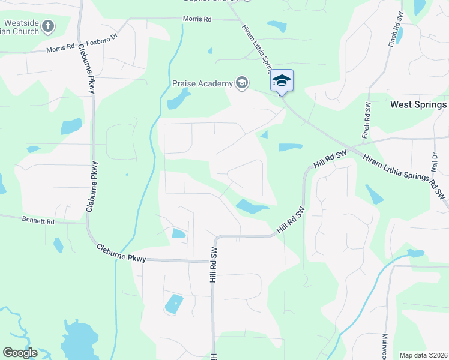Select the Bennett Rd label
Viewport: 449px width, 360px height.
pyautogui.click(x=38, y=221)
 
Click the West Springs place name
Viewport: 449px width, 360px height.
pyautogui.click(x=418, y=104)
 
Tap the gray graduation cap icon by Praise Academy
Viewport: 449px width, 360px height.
pyautogui.click(x=242, y=82)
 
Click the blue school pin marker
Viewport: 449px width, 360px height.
pyautogui.click(x=281, y=80)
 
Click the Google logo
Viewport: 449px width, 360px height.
pyautogui.click(x=20, y=352)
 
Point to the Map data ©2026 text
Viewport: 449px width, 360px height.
pyautogui.click(x=423, y=355)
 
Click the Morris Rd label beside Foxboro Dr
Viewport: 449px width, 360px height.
pyautogui.click(x=62, y=47)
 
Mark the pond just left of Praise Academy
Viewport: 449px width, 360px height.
pyautogui.click(x=178, y=99)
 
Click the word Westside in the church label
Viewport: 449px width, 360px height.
pyautogui.click(x=22, y=23)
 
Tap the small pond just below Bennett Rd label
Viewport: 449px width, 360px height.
pyautogui.click(x=58, y=245)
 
